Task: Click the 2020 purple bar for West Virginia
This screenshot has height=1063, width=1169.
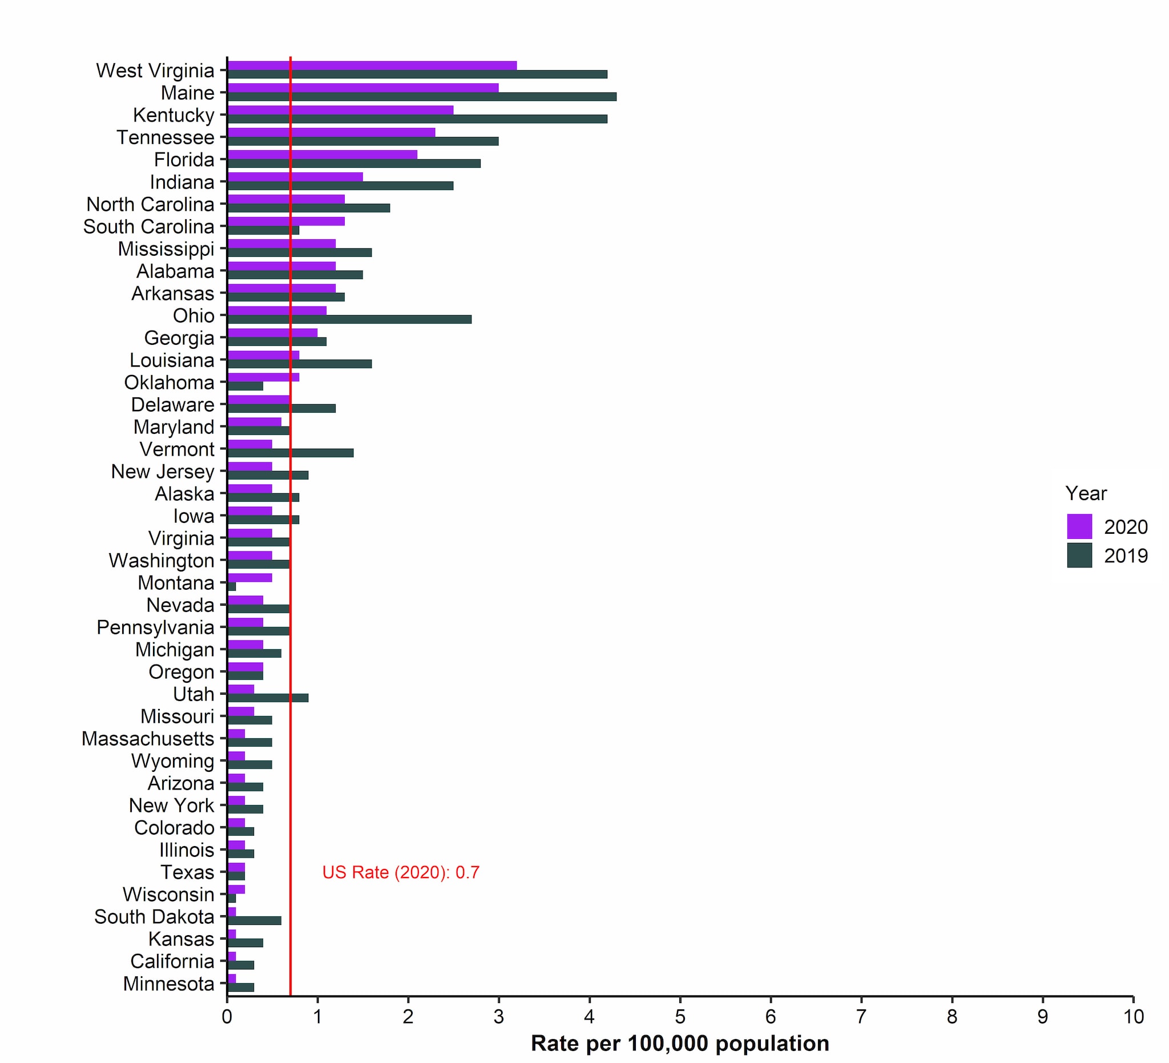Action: click(x=371, y=66)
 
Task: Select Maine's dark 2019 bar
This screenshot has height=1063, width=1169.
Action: click(x=422, y=97)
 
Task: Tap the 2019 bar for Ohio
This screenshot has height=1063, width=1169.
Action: click(x=349, y=320)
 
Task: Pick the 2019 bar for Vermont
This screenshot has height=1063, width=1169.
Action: click(x=290, y=453)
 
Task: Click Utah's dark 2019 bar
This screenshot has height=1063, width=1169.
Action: click(x=267, y=698)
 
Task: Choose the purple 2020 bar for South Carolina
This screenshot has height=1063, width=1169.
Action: click(x=286, y=221)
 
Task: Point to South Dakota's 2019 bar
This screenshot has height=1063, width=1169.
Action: click(x=254, y=920)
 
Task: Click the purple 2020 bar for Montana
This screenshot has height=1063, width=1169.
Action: click(x=249, y=578)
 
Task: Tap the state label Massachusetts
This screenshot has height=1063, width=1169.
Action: click(x=148, y=739)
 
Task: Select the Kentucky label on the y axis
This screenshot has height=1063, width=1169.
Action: click(x=174, y=115)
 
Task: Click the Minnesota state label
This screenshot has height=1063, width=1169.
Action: click(x=168, y=984)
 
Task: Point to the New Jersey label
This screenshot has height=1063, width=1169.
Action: click(x=162, y=472)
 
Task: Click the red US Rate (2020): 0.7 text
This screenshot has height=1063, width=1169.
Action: click(x=401, y=872)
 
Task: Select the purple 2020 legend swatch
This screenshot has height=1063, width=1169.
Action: click(x=1079, y=526)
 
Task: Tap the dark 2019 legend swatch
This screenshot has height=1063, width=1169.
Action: click(x=1079, y=555)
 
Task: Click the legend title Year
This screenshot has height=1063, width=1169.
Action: click(x=1086, y=493)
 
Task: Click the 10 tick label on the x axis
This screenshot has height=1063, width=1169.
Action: click(x=1133, y=1017)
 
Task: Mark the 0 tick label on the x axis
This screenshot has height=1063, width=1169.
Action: click(x=227, y=1017)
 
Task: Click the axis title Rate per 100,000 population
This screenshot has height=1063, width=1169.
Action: click(x=680, y=1043)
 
